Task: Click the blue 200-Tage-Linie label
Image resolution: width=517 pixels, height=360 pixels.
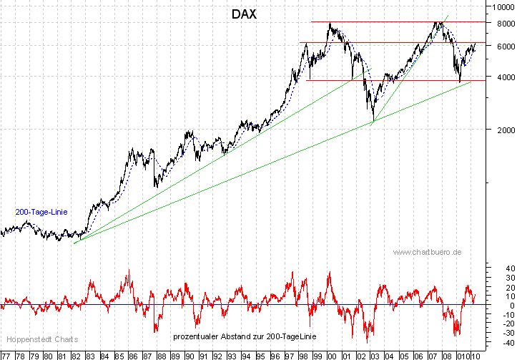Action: coord(41,212)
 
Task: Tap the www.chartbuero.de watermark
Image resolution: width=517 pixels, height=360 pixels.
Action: coord(427,252)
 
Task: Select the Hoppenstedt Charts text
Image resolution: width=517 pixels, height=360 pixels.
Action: coord(41,339)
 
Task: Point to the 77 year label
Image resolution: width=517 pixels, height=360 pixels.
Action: coord(6,355)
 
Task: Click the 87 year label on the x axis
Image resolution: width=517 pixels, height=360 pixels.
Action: coord(147,355)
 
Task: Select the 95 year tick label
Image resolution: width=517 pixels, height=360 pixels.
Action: coord(260,355)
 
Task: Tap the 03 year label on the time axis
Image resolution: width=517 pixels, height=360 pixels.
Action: coord(374,355)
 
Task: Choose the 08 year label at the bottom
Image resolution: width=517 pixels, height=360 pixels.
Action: coord(445,355)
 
